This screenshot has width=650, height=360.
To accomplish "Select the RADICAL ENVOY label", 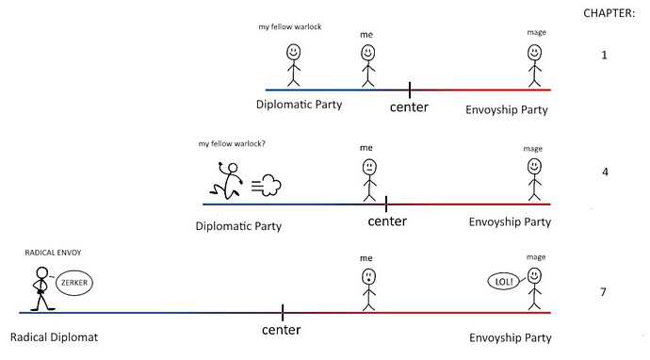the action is (x=53, y=253).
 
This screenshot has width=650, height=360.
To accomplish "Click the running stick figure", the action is (x=226, y=180).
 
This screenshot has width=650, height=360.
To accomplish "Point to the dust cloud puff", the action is (x=267, y=185).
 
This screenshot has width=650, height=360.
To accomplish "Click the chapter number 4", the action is (x=605, y=172).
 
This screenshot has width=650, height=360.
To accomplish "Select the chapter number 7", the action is (x=603, y=292).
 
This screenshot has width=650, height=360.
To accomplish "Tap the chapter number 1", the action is (x=604, y=56).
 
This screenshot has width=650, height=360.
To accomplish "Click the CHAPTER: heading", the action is (x=609, y=13).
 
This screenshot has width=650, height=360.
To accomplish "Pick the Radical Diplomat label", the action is (x=55, y=337).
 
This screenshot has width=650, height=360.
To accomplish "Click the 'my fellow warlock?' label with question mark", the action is (x=232, y=144).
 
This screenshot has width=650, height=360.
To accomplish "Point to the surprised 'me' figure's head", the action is (x=368, y=277).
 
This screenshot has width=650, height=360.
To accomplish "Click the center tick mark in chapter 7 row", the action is (x=283, y=312).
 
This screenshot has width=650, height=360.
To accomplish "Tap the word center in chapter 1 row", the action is (x=409, y=107).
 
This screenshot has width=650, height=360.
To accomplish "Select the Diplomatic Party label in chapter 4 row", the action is (x=238, y=226).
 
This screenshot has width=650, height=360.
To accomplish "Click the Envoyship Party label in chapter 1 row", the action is (x=507, y=110).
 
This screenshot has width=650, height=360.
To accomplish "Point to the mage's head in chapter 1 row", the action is (x=534, y=53).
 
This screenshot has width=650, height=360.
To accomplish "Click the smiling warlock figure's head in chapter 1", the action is (x=294, y=52).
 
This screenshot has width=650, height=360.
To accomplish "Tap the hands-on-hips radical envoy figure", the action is (x=41, y=288).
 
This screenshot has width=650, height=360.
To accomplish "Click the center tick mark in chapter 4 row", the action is (x=386, y=205).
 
